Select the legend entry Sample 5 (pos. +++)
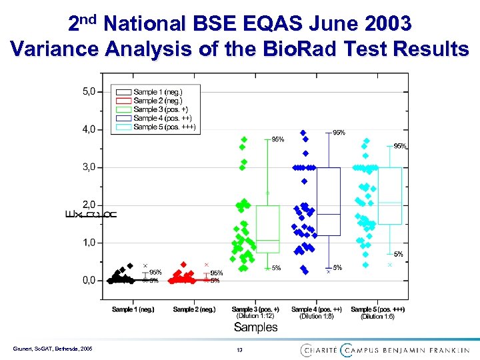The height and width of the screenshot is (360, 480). (x=164, y=127)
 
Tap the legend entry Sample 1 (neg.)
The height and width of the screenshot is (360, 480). (x=157, y=92)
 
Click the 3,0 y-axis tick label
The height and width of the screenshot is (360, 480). (x=88, y=167)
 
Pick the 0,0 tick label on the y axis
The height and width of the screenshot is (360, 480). (x=88, y=280)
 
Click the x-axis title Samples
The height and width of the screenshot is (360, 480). (x=255, y=327)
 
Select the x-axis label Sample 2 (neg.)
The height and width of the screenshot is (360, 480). (x=194, y=309)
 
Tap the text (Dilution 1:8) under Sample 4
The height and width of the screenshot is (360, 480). (x=316, y=317)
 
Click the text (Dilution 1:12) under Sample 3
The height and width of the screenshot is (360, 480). (x=255, y=317)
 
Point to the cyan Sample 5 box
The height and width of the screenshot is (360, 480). (x=389, y=195)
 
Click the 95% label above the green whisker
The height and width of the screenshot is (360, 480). (x=277, y=139)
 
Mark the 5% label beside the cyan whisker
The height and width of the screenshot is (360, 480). (x=398, y=254)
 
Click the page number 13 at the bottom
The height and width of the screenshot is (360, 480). (x=239, y=350)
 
